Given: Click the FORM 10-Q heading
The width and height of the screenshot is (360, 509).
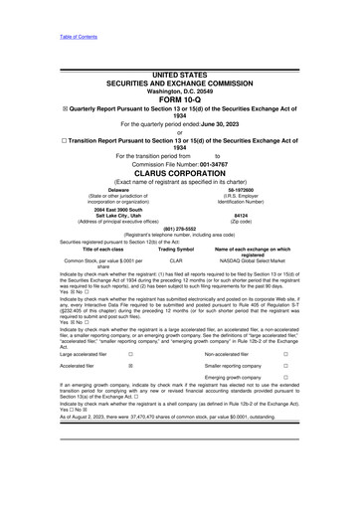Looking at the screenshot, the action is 179,99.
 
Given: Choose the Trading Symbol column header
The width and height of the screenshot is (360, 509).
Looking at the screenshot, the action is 177,249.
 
